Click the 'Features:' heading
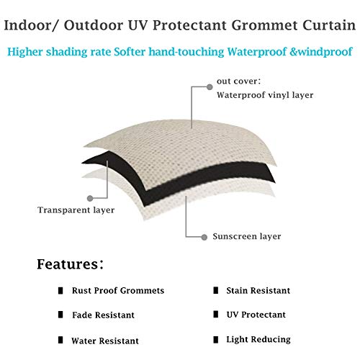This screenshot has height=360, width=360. point(70,264)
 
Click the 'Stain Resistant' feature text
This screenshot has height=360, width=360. point(258,291)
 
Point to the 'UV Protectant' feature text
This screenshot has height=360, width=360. point(255,315)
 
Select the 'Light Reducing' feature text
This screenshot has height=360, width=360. point(257,339)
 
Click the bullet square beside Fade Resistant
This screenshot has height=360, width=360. point(63,315)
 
